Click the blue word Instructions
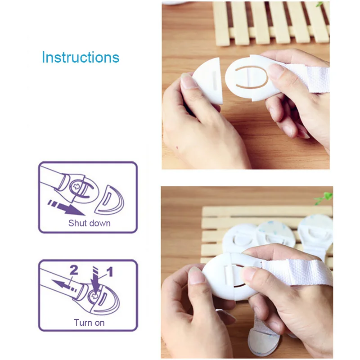pos(81,57)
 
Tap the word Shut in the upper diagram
pos(77,223)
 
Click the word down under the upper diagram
pos(99,223)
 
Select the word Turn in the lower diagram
pos(83,323)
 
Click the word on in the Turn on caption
pos(99,323)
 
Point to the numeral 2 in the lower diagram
pos(74,270)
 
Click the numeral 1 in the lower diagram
pos(110,272)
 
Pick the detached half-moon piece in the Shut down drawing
pos(109,200)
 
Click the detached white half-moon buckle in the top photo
pos(208,81)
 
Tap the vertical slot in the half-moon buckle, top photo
pos(215,80)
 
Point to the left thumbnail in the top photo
pos(189,81)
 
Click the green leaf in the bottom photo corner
pos(323,198)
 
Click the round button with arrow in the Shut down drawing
pos(76,186)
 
